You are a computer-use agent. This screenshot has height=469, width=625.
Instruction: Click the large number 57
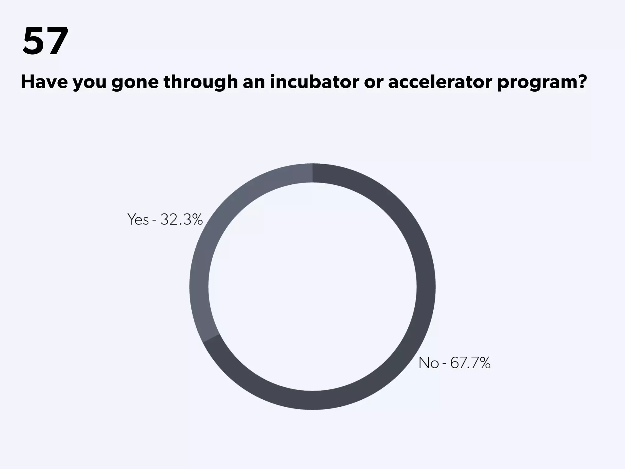(45, 41)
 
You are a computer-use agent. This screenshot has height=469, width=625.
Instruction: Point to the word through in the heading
(201, 82)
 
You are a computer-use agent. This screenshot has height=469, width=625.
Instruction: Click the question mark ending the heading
(580, 82)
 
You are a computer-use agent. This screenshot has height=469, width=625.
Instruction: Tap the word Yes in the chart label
(138, 219)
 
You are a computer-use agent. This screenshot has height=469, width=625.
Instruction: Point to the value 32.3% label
(182, 219)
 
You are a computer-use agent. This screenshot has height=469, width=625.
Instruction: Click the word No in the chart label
(428, 363)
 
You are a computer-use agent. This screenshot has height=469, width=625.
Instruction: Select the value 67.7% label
(470, 363)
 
